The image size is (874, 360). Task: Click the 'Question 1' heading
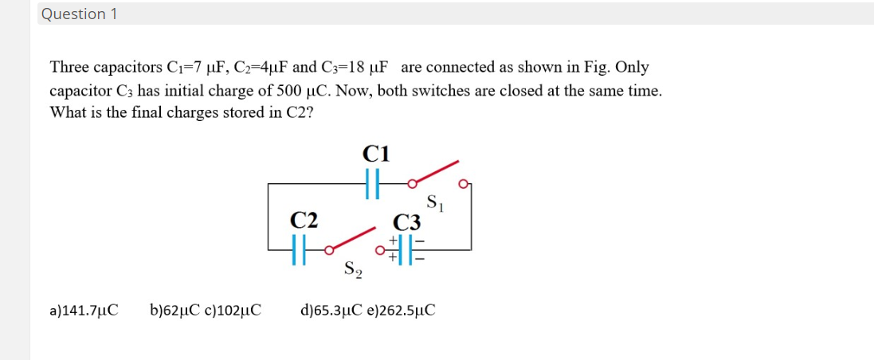(79, 14)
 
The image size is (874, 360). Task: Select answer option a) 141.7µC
(84, 309)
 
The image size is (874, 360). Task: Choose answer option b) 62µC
(174, 309)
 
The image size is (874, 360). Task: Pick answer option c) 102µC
(234, 309)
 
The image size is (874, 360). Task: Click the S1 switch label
(435, 202)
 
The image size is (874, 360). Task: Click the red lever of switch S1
(435, 172)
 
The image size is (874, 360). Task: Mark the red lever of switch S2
(351, 238)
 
